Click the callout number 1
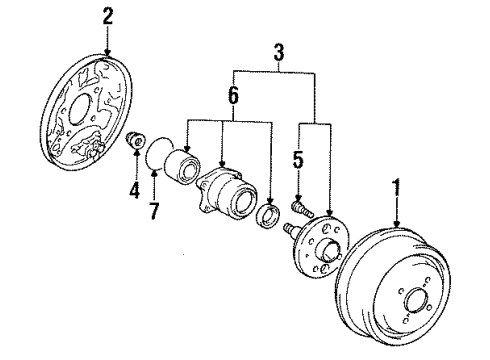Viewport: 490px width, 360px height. point(397,187)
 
